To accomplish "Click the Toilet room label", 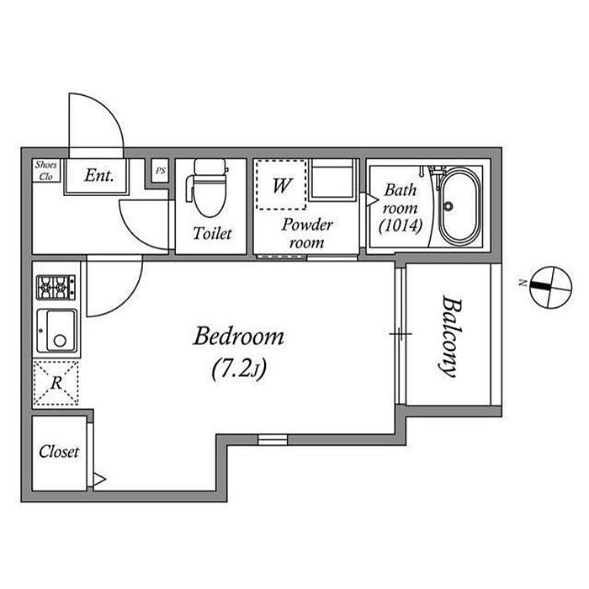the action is (x=212, y=233).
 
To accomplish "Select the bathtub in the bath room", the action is (x=459, y=206).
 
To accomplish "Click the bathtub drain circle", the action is (x=448, y=206).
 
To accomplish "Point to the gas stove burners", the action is (x=56, y=288).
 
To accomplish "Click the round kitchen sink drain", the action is (x=60, y=341).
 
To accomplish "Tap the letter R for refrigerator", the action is (x=56, y=383).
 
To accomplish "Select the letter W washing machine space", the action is (x=282, y=185).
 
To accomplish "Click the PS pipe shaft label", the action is (x=161, y=171).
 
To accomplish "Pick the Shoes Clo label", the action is (x=45, y=171).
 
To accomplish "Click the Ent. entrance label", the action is (x=99, y=175).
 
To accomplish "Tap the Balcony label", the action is (x=450, y=337).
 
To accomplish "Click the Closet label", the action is (x=59, y=452).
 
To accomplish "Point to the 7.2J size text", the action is (x=239, y=369).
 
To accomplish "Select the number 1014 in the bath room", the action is (x=401, y=226).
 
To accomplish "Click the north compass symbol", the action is (x=550, y=288).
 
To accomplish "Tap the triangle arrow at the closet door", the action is (x=99, y=480).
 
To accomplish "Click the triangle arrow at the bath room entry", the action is (x=372, y=199).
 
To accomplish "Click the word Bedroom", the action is (x=238, y=337).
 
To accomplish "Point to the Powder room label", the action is (x=307, y=234).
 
